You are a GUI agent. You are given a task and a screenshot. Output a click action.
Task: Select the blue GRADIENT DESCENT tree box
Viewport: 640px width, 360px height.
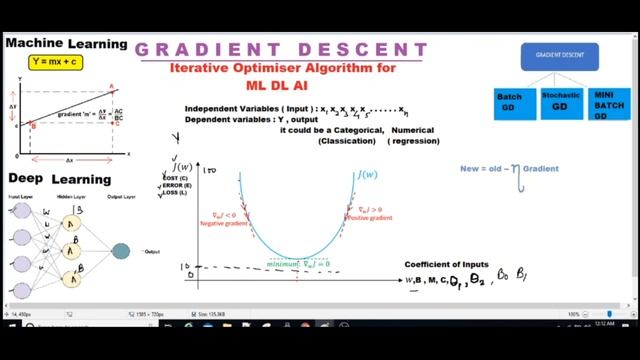click(x=558, y=57)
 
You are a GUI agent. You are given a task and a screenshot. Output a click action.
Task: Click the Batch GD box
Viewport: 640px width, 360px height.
click(x=509, y=102)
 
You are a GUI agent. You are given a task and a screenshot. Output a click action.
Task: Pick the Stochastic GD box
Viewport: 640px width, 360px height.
click(x=560, y=101)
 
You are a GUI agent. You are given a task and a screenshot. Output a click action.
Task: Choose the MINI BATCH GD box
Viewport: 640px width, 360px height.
click(x=609, y=104)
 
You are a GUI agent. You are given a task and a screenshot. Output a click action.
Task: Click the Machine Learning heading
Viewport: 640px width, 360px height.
click(x=67, y=44)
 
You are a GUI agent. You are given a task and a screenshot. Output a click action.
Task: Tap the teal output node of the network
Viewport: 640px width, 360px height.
click(x=121, y=251)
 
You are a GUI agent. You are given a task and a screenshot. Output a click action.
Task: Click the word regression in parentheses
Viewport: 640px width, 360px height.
click(x=413, y=141)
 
